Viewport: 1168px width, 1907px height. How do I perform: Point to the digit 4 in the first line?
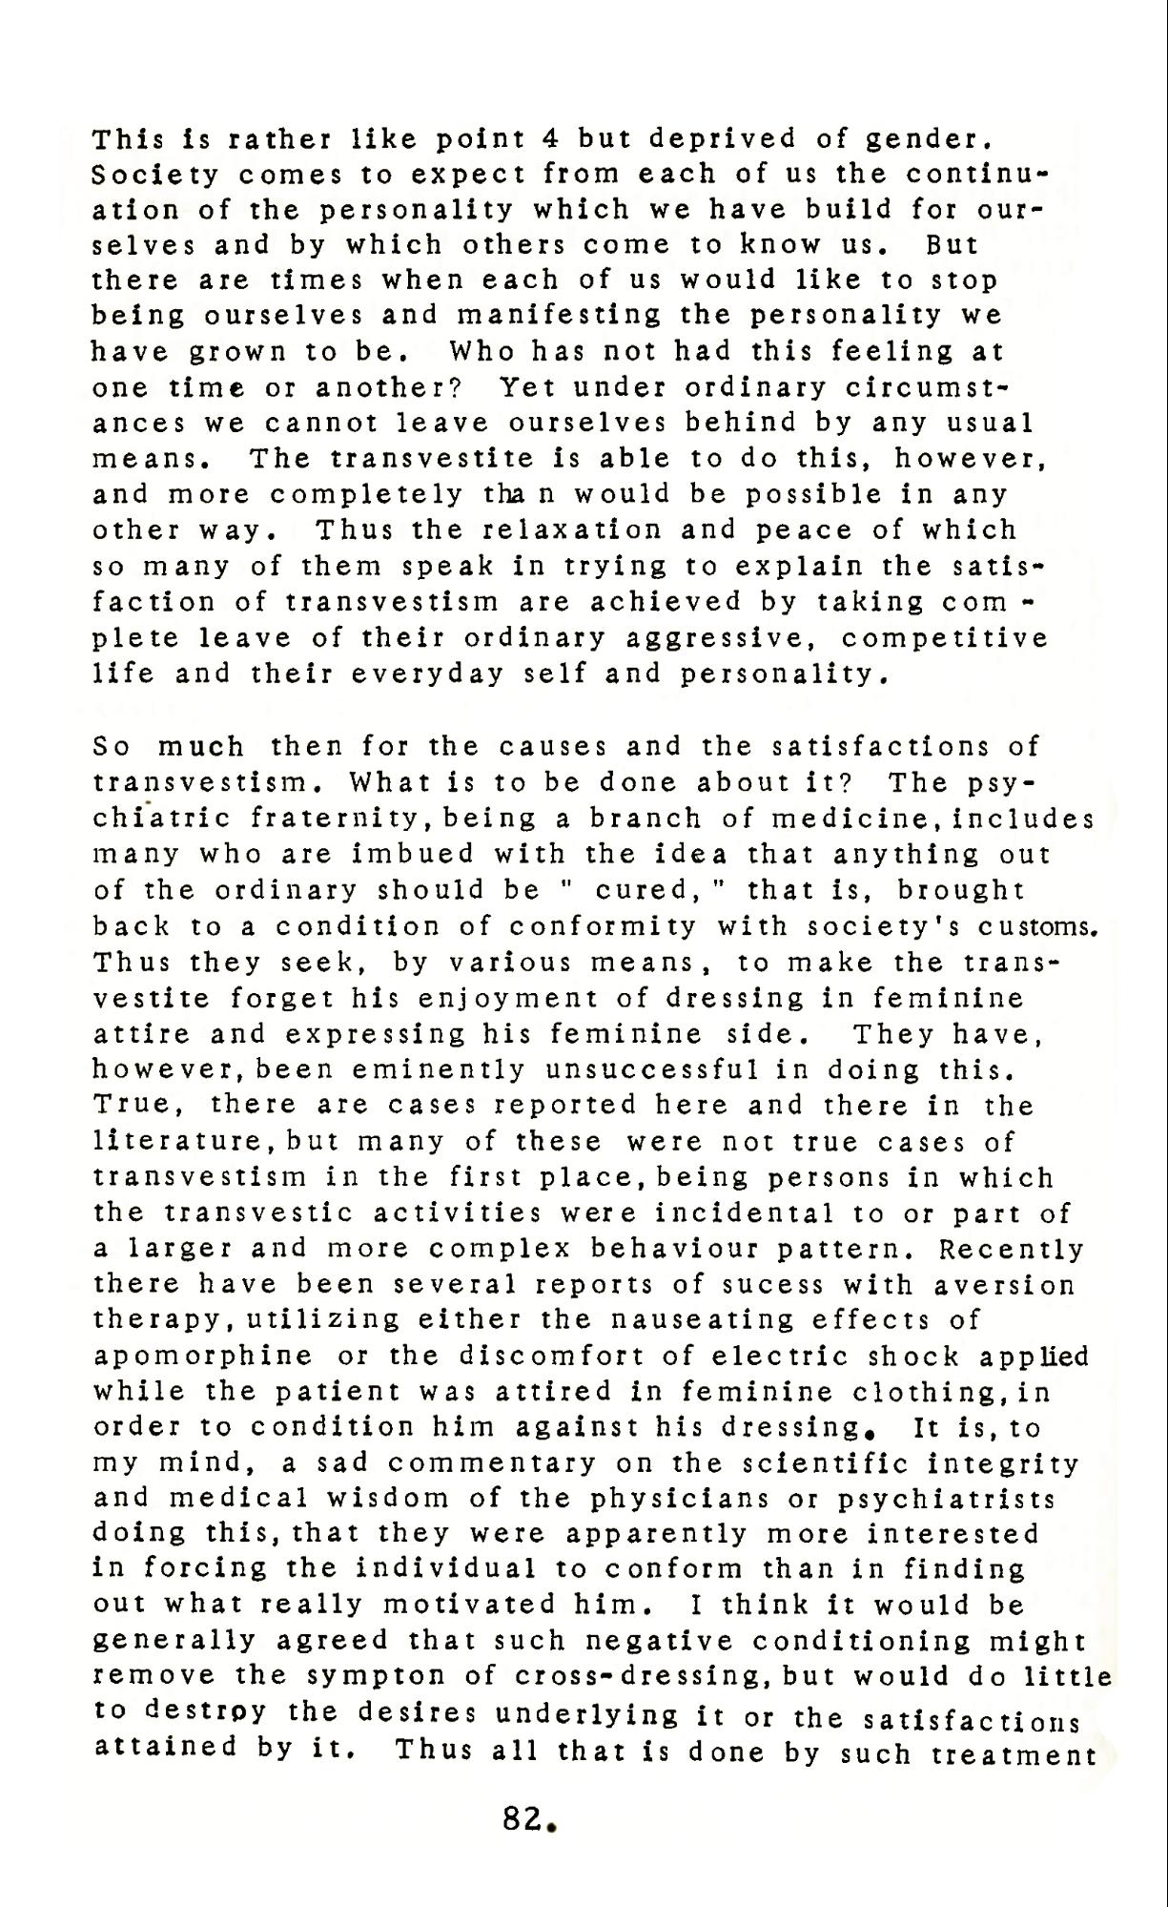coord(548,139)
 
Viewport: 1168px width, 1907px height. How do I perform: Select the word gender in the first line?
coord(918,139)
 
